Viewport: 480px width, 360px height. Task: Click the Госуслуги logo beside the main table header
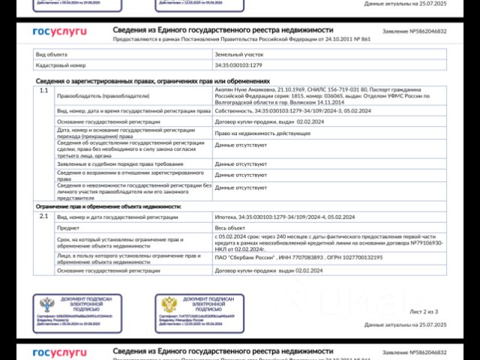pos(59,32)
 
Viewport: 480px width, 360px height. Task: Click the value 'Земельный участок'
pos(239,55)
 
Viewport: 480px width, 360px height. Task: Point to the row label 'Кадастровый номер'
pos(55,65)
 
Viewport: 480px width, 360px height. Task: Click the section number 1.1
pos(43,91)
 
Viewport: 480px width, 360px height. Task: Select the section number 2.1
pos(43,216)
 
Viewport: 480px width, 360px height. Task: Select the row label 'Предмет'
pos(68,227)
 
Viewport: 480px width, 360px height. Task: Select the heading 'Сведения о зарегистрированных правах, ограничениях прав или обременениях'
pos(152,81)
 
